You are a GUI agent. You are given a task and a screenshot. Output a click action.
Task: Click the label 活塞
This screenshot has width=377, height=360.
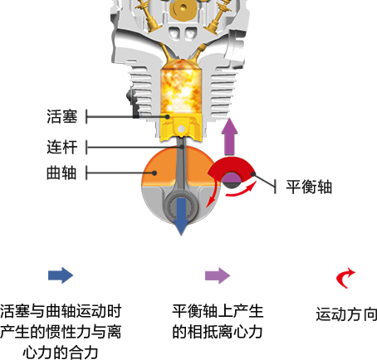(x=62, y=116)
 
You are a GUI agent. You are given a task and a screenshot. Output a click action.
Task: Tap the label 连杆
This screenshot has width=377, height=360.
(x=62, y=147)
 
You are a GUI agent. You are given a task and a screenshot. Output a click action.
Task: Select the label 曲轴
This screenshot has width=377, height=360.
(x=61, y=173)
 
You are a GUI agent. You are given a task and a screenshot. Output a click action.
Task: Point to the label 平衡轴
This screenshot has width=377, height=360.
(x=309, y=187)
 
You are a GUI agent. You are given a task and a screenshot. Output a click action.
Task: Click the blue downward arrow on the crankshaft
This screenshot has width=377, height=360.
(x=181, y=216)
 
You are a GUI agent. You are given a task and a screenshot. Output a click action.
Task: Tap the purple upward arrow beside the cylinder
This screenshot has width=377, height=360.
(x=230, y=137)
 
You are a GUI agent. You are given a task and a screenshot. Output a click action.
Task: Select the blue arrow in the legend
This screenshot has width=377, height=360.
(x=61, y=275)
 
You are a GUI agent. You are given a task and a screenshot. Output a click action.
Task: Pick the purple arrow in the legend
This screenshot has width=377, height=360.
(x=218, y=275)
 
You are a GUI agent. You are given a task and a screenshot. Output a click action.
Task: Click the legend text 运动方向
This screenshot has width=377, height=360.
(x=346, y=314)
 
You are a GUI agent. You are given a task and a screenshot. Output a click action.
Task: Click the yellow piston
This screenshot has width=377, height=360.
(x=181, y=127)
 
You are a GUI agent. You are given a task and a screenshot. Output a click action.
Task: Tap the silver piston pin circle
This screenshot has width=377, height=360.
(x=181, y=129)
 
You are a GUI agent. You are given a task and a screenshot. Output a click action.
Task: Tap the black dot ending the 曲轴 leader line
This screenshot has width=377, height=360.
(x=154, y=173)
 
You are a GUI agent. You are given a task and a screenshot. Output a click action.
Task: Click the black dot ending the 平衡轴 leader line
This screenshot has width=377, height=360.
(x=253, y=174)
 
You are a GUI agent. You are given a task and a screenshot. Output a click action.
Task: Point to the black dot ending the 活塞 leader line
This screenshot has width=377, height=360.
(x=167, y=117)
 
